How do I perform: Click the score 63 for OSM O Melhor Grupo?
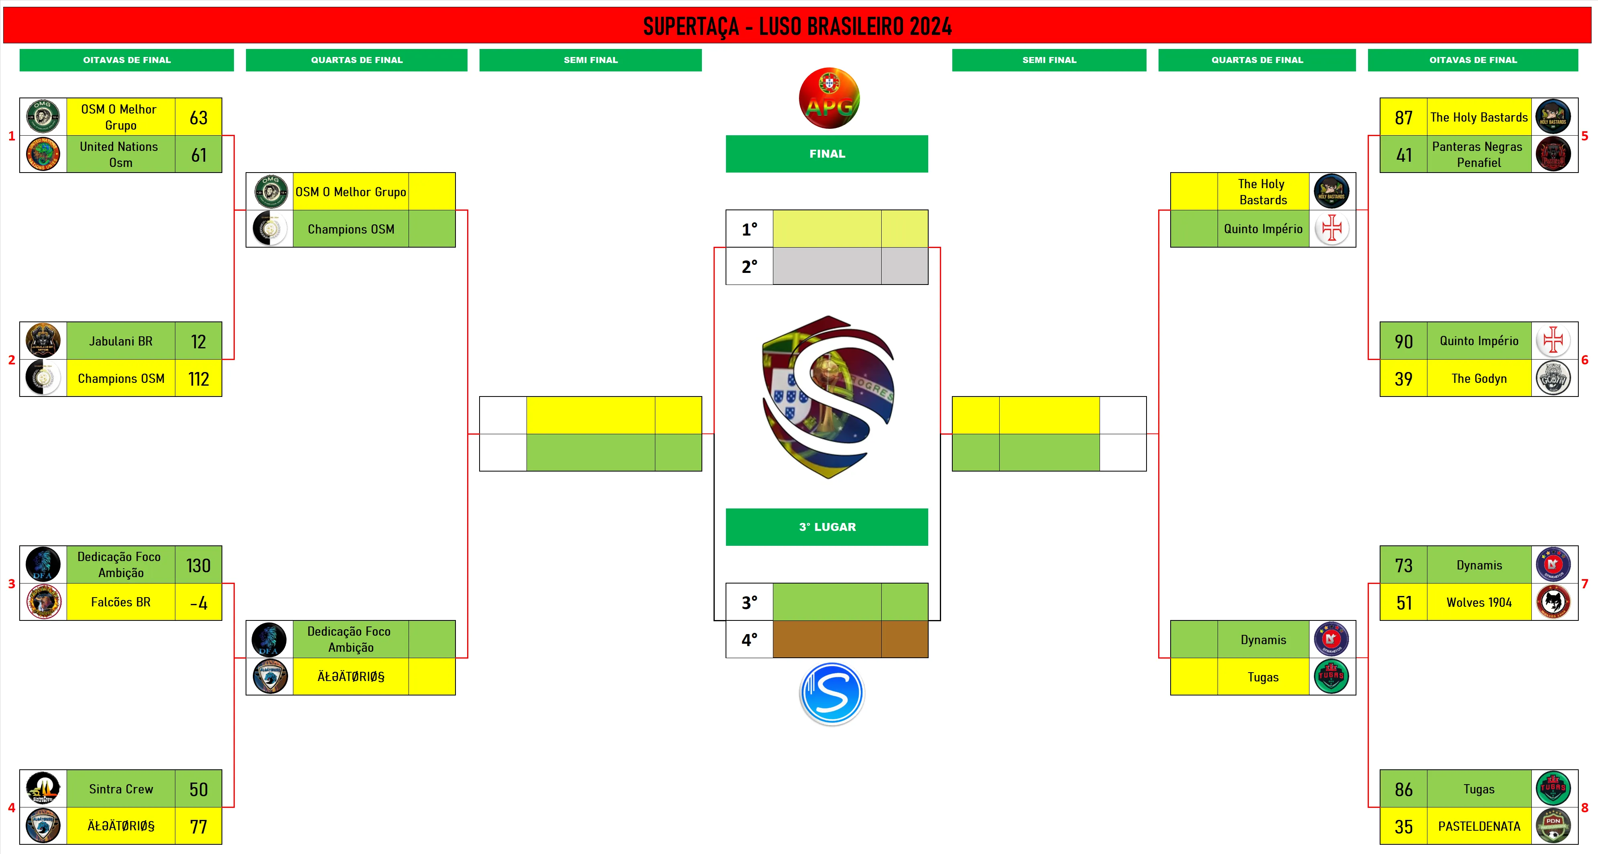(x=199, y=117)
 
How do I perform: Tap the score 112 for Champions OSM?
(x=199, y=378)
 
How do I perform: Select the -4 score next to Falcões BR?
(x=199, y=602)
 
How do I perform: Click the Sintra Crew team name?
(x=121, y=789)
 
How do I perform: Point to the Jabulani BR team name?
(x=121, y=341)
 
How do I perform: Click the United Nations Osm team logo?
(x=43, y=154)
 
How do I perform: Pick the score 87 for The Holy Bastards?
(x=1403, y=117)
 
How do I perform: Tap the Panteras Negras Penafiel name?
(x=1478, y=155)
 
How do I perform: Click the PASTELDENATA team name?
(x=1479, y=826)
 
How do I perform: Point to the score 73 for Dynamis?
(x=1403, y=565)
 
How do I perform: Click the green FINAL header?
(x=827, y=154)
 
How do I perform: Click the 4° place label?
(x=749, y=639)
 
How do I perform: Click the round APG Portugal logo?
(x=829, y=98)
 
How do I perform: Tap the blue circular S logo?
(x=832, y=693)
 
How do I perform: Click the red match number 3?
(x=11, y=584)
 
